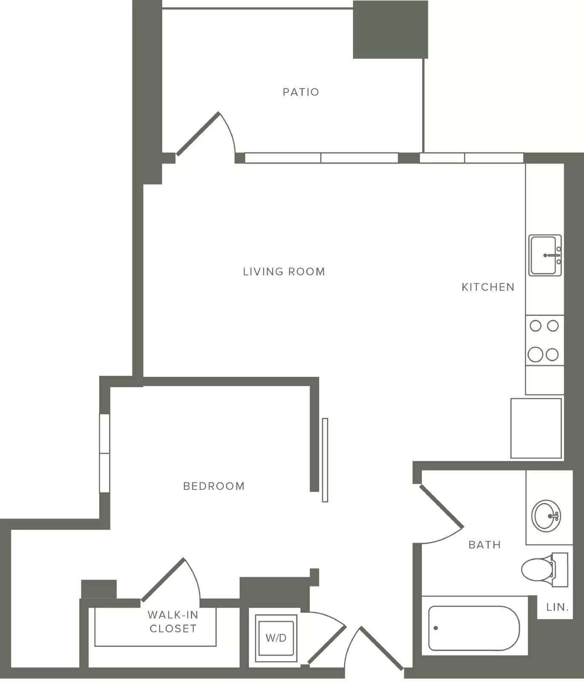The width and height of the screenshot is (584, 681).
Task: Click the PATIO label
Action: point(301,92)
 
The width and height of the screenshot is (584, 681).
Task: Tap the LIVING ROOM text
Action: point(284,272)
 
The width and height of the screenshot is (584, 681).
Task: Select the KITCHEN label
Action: point(488,287)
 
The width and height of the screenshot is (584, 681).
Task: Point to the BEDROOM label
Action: point(214,486)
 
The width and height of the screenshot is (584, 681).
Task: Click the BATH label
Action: point(484,544)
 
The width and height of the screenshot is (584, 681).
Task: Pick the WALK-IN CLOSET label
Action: point(172,621)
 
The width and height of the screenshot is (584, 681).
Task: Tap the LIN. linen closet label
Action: point(558,607)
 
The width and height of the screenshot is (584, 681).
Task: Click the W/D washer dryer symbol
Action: point(276,638)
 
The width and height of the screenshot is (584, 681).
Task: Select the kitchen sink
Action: point(545,255)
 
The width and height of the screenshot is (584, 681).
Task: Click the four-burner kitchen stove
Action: point(544,340)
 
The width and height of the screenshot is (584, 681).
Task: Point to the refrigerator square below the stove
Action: point(536,428)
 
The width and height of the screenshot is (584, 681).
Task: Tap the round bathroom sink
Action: point(547,516)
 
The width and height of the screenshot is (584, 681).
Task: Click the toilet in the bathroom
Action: point(544,569)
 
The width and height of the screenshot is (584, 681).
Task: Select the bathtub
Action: point(474,628)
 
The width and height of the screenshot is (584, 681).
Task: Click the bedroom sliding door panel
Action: point(325,460)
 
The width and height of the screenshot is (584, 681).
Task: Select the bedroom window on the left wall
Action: point(104,453)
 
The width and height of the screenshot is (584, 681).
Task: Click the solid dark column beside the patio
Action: point(390,29)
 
